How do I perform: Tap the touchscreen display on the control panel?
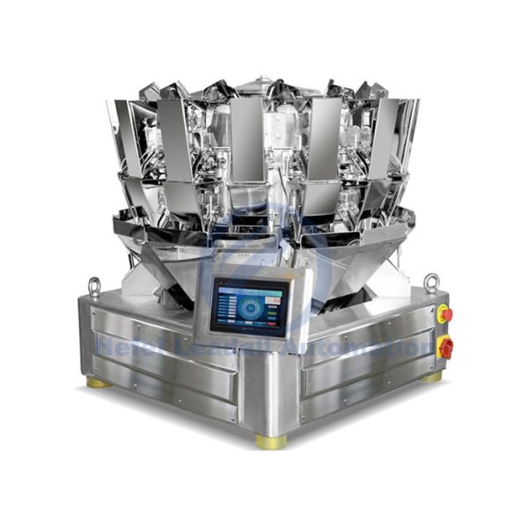tap(249, 307)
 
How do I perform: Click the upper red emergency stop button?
tap(444, 313)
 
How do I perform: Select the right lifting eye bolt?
tap(431, 282)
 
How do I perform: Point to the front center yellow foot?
tap(271, 440)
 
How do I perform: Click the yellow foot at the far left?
tap(99, 382)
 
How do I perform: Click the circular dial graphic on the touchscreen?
tap(249, 308)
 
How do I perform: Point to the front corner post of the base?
tap(270, 387)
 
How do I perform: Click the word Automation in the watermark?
tap(378, 347)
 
